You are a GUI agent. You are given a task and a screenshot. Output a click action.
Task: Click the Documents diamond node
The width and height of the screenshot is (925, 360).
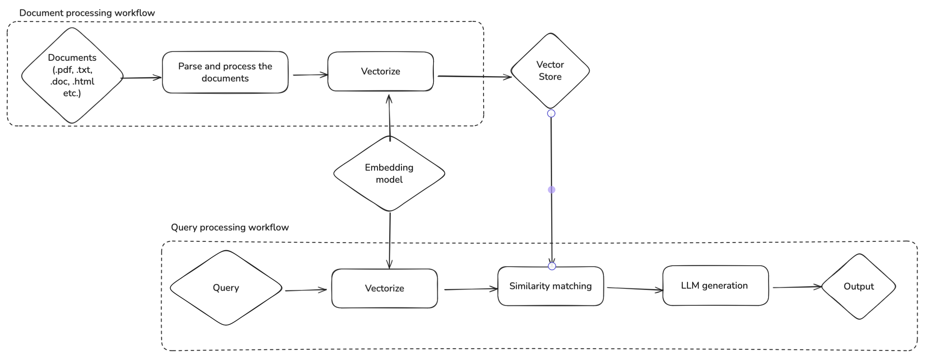72,75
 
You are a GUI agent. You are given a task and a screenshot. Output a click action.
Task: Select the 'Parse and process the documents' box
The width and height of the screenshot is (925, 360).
225,72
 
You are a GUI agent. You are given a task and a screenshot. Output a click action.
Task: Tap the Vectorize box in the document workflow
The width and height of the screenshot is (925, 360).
381,71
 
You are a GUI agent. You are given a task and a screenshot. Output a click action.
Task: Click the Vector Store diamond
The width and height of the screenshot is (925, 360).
550,71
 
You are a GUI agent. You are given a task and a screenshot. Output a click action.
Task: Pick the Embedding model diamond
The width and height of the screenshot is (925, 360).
389,173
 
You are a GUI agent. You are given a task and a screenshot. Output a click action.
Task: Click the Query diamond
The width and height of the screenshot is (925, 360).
226,288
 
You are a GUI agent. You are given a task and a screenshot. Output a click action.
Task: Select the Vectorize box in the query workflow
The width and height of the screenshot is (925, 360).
384,288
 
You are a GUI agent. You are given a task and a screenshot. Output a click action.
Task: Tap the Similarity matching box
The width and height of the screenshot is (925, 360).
550,286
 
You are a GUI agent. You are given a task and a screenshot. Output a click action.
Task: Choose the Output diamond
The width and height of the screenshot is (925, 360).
858,286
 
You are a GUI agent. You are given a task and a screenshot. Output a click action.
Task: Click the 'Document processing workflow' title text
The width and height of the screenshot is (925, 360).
87,13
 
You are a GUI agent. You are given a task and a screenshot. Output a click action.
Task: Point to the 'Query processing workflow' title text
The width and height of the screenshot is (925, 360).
230,227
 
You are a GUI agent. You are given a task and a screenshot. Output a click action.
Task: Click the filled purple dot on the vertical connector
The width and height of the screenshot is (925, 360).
552,190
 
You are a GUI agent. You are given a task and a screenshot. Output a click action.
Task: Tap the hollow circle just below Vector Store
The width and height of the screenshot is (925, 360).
551,114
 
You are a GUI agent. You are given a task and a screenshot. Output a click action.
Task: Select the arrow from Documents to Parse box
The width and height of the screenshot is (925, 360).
141,78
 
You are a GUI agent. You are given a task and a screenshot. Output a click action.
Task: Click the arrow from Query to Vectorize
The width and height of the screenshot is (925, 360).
306,290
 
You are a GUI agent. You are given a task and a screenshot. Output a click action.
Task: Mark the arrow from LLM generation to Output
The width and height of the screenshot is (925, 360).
797,287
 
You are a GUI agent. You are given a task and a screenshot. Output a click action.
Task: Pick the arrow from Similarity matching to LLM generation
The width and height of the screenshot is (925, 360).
635,289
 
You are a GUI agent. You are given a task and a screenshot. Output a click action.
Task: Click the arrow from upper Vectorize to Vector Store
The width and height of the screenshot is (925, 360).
474,77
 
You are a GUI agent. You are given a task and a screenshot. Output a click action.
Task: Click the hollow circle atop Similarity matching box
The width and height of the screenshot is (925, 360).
552,266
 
